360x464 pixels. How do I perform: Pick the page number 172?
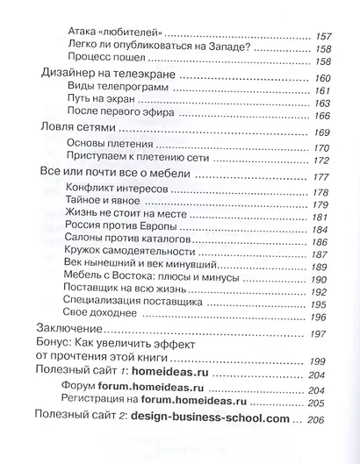[x=324, y=161]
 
